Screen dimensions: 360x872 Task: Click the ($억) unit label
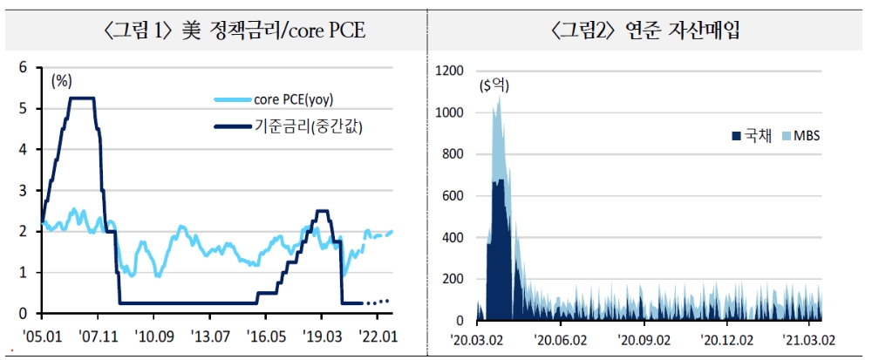pyautogui.click(x=494, y=85)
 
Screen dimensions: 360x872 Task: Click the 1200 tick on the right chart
pyautogui.click(x=455, y=71)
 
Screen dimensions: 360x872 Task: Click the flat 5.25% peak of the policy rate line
pyautogui.click(x=82, y=98)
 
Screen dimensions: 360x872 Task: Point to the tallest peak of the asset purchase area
pyautogui.click(x=499, y=98)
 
